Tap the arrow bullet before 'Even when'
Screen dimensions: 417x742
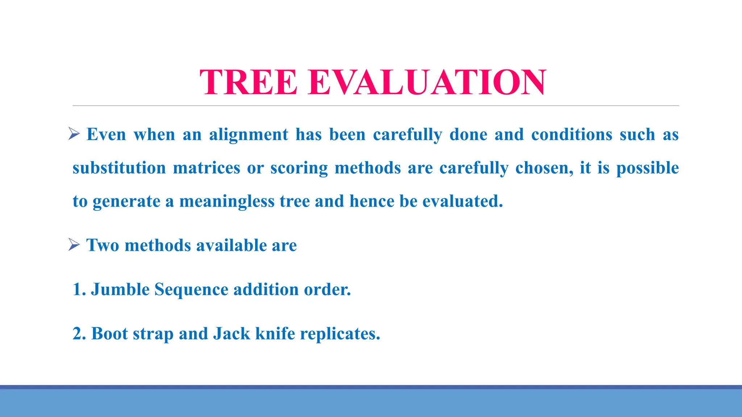tap(74, 134)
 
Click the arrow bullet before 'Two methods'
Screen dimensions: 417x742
tap(74, 245)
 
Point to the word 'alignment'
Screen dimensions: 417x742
tap(249, 135)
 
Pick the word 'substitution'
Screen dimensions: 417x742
tap(119, 168)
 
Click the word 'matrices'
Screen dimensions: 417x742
tap(207, 168)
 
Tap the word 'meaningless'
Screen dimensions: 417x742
tap(227, 202)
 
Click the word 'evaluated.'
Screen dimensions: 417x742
tap(463, 201)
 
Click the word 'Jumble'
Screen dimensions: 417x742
tap(120, 290)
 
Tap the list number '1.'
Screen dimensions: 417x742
tap(79, 290)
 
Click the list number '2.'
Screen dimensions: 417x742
tap(79, 334)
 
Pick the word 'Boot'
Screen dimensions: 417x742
tap(109, 334)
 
